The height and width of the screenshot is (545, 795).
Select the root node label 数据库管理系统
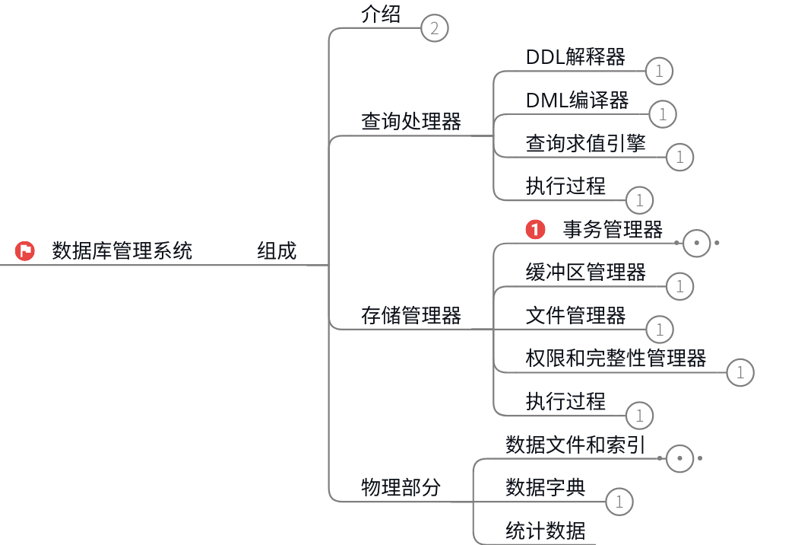pos(122,250)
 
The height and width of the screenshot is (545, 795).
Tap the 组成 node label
pos(277,250)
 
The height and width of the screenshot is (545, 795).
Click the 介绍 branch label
pos(381,14)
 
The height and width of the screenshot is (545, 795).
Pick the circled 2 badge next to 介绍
pos(435,30)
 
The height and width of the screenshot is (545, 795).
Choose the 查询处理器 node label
pos(411,122)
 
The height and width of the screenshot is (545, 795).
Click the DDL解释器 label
pos(575,57)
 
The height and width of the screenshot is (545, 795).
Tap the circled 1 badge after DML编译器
pos(663,114)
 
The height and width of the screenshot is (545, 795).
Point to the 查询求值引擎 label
pos(586,143)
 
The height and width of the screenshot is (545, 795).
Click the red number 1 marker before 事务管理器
pos(536,229)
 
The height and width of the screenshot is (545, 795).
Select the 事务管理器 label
pos(613,229)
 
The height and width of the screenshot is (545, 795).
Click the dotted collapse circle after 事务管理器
pos(697,244)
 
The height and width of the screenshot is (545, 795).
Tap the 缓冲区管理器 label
pos(586,272)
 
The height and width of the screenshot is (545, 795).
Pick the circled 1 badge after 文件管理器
pos(660,330)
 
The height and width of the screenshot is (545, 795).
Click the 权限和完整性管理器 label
pos(616,358)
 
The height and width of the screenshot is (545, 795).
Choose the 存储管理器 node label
pos(411,315)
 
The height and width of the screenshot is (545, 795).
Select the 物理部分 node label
pos(401,488)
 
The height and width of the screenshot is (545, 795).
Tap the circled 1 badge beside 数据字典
pos(619,502)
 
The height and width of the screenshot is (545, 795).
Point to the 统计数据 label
pos(546,531)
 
